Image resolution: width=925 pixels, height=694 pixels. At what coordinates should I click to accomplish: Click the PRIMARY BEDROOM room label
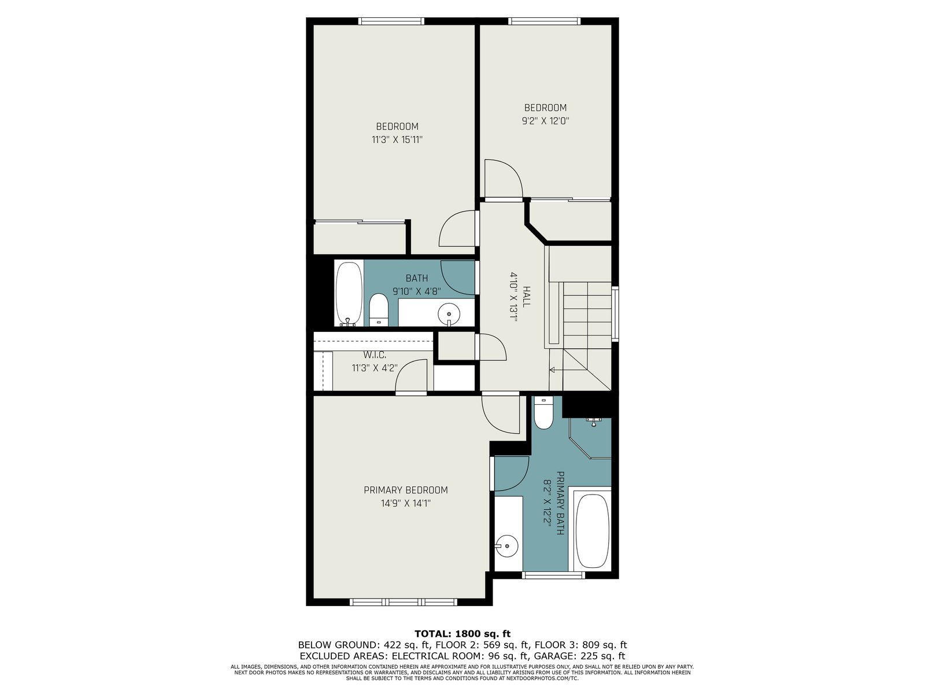(405, 490)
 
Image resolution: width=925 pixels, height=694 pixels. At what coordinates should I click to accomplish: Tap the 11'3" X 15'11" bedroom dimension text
(397, 139)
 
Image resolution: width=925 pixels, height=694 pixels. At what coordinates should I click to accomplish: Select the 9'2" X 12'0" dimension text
(545, 121)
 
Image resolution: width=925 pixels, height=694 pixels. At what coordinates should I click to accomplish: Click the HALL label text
(526, 296)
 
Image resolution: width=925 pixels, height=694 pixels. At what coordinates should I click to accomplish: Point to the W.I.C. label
(375, 355)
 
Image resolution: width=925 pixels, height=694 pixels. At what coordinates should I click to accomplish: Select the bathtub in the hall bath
(349, 294)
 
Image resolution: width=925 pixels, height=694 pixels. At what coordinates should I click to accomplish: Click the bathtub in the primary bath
(593, 531)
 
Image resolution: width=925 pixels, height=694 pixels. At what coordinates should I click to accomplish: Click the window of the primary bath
(553, 575)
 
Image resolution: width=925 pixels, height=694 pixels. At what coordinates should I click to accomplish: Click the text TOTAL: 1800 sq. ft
(462, 634)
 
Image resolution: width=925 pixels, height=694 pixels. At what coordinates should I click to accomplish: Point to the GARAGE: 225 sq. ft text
(579, 656)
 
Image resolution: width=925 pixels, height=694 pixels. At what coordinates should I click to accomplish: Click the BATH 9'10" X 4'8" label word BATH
(417, 278)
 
